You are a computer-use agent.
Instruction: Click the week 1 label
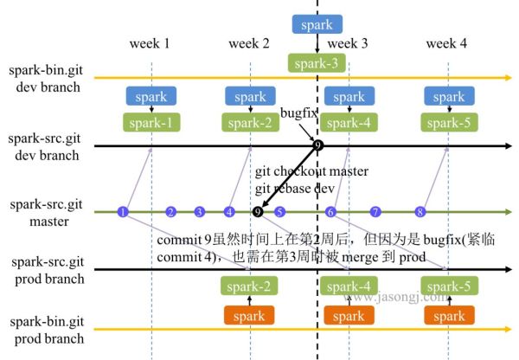pos(150,43)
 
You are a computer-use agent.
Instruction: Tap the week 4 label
pos(447,43)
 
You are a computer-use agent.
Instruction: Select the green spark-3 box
pos(317,61)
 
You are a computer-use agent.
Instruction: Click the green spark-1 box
pos(151,122)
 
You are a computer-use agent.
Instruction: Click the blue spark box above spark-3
pos(317,24)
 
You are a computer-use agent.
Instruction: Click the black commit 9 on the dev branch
pos(318,145)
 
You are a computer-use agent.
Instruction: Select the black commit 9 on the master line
pos(257,211)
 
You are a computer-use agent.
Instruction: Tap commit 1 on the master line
pos(123,211)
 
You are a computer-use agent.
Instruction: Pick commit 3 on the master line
pos(200,211)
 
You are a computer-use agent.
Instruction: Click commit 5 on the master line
pos(279,211)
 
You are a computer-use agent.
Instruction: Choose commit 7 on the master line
pos(375,211)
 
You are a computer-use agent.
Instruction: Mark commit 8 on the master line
pos(420,211)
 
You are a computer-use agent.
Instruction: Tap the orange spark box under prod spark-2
pos(249,316)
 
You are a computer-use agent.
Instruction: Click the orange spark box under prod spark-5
pos(448,316)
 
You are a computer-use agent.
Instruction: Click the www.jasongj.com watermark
pos(398,297)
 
